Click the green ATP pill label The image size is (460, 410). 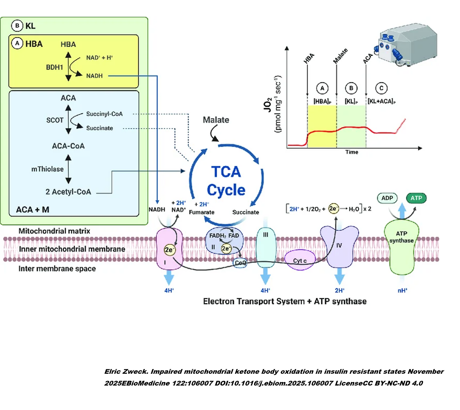[416, 198]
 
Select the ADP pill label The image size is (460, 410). [387, 198]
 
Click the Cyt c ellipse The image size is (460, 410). [300, 260]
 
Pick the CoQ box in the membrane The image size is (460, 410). [240, 263]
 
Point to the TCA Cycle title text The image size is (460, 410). [226, 181]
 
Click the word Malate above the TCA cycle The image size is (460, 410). [216, 120]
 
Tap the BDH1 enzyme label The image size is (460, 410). [54, 67]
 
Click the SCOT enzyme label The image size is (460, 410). [55, 120]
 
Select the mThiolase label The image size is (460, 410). [47, 169]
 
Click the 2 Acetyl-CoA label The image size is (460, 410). [68, 192]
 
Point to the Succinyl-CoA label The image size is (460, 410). [104, 114]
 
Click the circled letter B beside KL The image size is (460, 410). [17, 26]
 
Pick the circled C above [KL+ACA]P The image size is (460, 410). [381, 88]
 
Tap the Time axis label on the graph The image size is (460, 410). [351, 152]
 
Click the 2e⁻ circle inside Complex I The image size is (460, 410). [169, 250]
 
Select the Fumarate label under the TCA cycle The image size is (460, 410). [202, 212]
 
